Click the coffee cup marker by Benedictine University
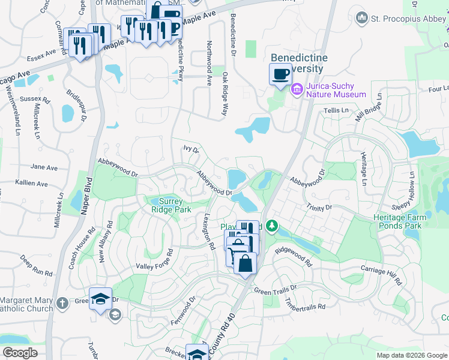click(x=280, y=75)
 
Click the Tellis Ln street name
click(x=337, y=111)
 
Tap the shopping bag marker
click(x=245, y=264)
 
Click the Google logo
click(x=20, y=352)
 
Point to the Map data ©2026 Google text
click(x=411, y=355)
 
